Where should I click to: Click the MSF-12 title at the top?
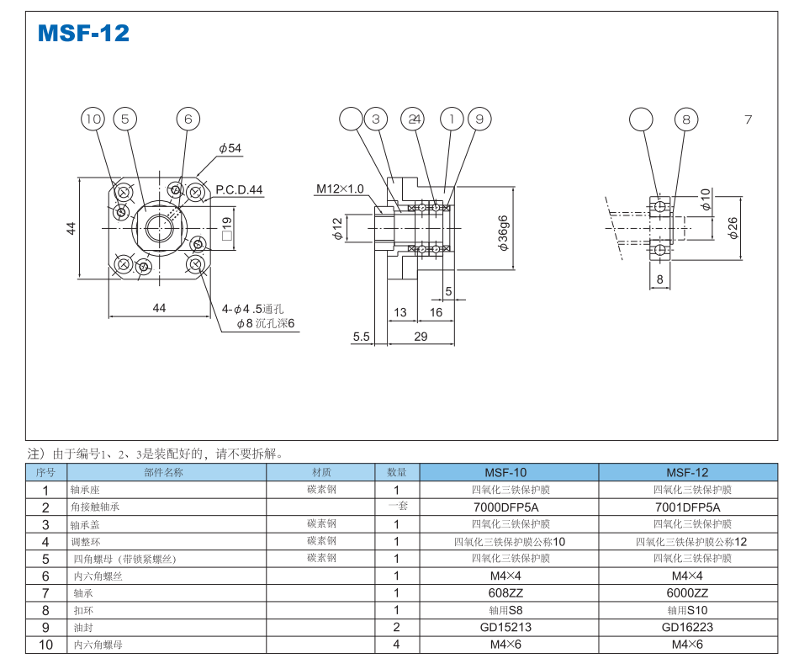pyautogui.click(x=84, y=34)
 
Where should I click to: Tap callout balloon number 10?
pyautogui.click(x=93, y=119)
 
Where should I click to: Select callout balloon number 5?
pyautogui.click(x=125, y=119)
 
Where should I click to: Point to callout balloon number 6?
pyautogui.click(x=188, y=119)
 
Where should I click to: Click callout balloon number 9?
pyautogui.click(x=479, y=119)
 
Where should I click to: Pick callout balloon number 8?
pyautogui.click(x=686, y=119)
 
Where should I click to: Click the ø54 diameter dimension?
pyautogui.click(x=230, y=149)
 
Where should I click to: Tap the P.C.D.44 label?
pyautogui.click(x=239, y=190)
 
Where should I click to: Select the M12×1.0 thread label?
pyautogui.click(x=340, y=188)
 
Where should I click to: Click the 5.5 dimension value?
pyautogui.click(x=361, y=337)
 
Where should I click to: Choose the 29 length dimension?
pyautogui.click(x=421, y=337)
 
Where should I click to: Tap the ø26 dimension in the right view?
pyautogui.click(x=733, y=227)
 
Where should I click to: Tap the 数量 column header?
pyautogui.click(x=396, y=472)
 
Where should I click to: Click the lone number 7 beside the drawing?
pyautogui.click(x=748, y=119)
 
